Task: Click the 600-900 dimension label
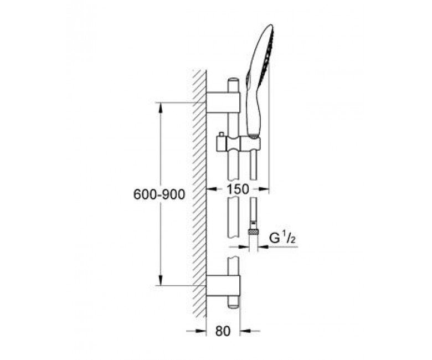pyautogui.click(x=160, y=195)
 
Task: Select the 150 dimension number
pyautogui.click(x=238, y=189)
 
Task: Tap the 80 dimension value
pyautogui.click(x=223, y=331)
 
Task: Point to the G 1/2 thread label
pyautogui.click(x=282, y=238)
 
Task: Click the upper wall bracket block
pyautogui.click(x=223, y=103)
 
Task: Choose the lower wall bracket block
pyautogui.click(x=223, y=286)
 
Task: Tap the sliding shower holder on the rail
pyautogui.click(x=239, y=143)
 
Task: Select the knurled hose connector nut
pyautogui.click(x=253, y=232)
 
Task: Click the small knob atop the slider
pyautogui.click(x=220, y=134)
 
